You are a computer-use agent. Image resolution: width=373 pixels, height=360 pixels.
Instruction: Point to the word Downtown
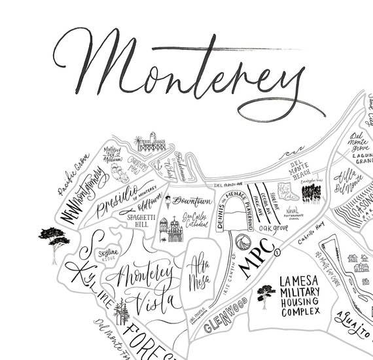[192, 200]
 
